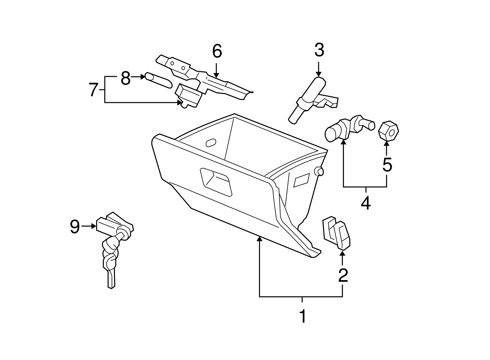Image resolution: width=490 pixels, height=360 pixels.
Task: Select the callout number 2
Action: tap(343, 275)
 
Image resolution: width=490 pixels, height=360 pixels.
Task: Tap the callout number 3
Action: tap(319, 50)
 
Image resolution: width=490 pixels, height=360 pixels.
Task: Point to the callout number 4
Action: tap(366, 203)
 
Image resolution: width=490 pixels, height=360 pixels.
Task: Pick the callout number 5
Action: tap(387, 165)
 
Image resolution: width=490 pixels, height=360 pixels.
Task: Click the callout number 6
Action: tap(217, 51)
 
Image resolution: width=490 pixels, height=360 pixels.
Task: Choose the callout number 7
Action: tap(93, 90)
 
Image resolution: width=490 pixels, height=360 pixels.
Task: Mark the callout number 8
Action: tap(126, 78)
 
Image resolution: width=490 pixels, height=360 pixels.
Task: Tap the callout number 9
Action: tap(75, 227)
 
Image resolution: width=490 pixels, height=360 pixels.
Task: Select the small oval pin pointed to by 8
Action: tap(158, 81)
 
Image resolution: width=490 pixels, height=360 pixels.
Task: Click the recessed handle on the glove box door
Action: tap(216, 181)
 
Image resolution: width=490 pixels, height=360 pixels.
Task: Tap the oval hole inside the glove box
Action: tap(211, 143)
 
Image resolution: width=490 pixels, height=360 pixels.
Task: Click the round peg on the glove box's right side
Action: tap(319, 171)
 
